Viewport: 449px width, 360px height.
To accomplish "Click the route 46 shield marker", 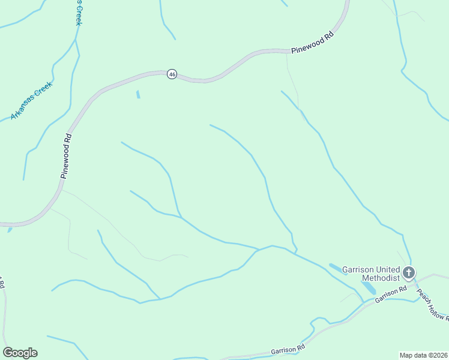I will (x=172, y=74).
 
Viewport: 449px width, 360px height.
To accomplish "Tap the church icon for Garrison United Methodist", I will (x=408, y=274).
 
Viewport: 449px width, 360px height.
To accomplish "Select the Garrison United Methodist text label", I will (x=371, y=274).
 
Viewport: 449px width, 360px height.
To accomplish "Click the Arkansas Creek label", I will (x=32, y=100).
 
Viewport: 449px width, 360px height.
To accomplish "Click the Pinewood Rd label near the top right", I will (x=312, y=44).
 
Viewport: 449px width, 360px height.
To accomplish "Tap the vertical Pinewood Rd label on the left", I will (x=66, y=155).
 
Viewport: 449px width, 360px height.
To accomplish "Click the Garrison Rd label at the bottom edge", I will (x=288, y=349).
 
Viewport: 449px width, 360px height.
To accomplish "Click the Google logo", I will (x=20, y=353).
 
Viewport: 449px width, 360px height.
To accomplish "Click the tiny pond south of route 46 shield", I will (x=138, y=94).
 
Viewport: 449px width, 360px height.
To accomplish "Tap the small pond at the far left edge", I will (x=10, y=229).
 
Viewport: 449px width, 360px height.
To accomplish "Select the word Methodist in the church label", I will (x=380, y=278).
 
